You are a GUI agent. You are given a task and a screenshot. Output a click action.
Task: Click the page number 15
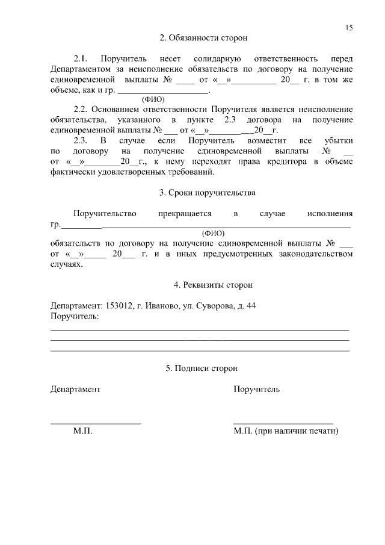click(x=350, y=28)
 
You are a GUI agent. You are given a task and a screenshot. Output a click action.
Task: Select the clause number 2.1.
click(x=81, y=59)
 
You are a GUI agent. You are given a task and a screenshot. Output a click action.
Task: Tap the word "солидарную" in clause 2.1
click(x=217, y=59)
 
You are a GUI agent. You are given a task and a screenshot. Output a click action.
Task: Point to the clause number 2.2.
click(x=81, y=110)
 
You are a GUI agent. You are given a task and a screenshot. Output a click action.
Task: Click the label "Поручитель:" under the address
click(x=74, y=316)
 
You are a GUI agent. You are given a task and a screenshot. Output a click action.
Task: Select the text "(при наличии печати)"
click(x=297, y=432)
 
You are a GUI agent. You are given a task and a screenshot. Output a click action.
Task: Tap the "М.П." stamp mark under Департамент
click(x=82, y=432)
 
